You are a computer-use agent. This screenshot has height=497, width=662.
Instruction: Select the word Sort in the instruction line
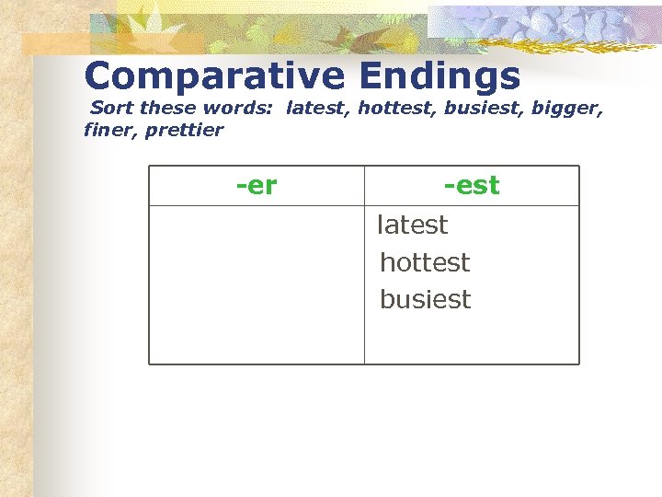pyautogui.click(x=110, y=109)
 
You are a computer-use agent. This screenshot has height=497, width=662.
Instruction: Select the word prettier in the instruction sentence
pyautogui.click(x=184, y=130)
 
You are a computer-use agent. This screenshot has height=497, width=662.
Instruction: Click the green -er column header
pyautogui.click(x=257, y=185)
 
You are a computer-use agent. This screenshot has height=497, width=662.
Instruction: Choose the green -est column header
pyautogui.click(x=472, y=185)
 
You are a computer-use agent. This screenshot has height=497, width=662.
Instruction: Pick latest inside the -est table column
pyautogui.click(x=413, y=225)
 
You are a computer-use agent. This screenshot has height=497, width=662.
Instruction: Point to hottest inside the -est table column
pyautogui.click(x=425, y=262)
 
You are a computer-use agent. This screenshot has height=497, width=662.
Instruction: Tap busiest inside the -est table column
pyautogui.click(x=425, y=300)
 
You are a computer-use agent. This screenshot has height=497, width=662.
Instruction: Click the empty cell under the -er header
pyautogui.click(x=257, y=283)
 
